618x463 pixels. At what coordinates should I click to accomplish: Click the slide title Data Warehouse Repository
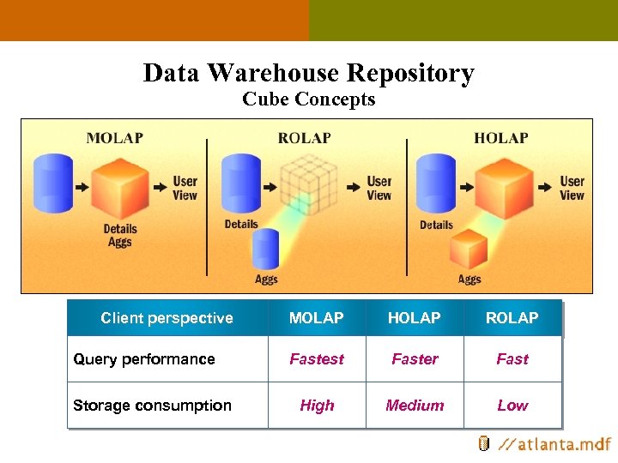point(308,73)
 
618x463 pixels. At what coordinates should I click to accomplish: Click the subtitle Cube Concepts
point(308,99)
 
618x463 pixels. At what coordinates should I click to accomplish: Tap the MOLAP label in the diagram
point(115,138)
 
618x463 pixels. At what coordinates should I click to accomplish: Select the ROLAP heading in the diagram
point(304,138)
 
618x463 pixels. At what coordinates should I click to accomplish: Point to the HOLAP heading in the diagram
point(500,138)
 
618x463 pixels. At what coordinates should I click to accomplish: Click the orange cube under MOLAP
point(120,186)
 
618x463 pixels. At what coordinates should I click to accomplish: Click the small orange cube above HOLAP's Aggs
point(469,249)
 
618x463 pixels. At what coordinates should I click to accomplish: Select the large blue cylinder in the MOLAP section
point(52,184)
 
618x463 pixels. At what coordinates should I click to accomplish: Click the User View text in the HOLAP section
point(572,188)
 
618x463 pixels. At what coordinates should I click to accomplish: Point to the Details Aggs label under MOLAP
point(120,236)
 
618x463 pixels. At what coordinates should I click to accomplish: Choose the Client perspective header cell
point(167,318)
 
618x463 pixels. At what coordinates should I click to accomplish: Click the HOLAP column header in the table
point(414,318)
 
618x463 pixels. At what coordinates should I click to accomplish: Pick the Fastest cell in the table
point(317,359)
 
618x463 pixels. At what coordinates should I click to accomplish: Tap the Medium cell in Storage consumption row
point(415,406)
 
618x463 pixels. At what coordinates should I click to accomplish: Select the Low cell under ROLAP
point(512,406)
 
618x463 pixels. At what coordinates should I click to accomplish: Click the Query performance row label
point(144,359)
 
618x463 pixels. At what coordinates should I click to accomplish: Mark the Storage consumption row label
point(152,406)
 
